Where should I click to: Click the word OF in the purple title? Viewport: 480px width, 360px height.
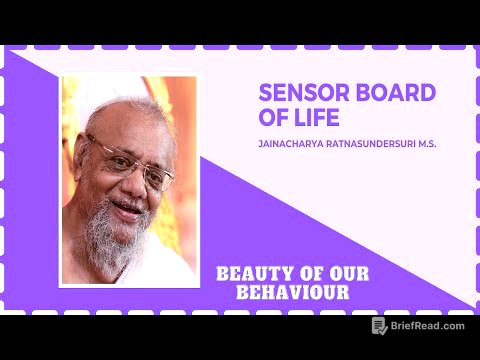(273, 117)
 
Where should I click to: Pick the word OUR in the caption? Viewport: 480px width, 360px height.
(345, 274)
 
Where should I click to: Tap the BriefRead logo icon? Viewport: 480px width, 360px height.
(379, 326)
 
